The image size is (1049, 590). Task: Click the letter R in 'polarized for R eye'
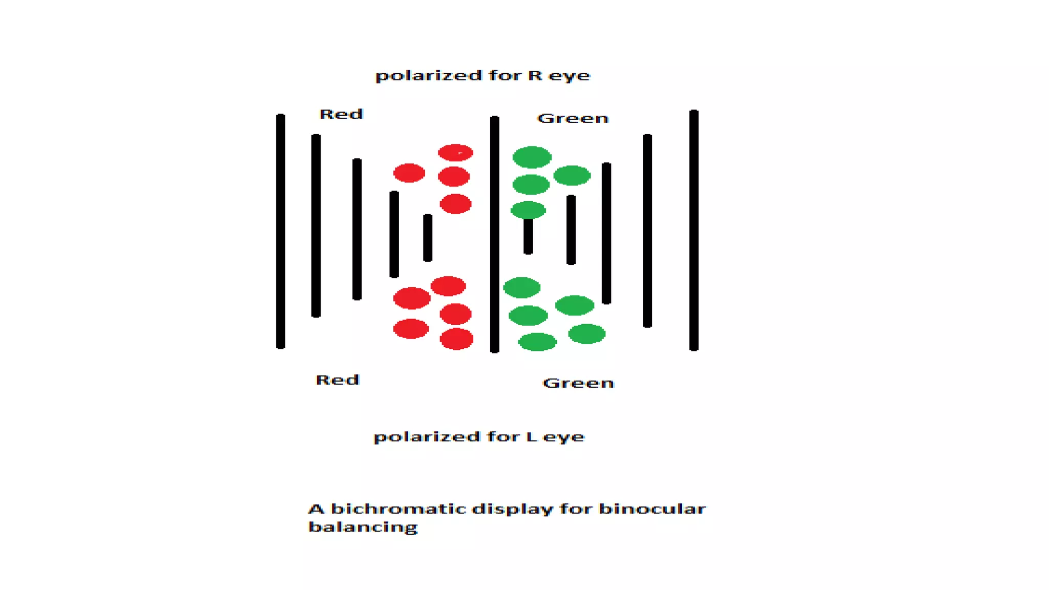point(535,76)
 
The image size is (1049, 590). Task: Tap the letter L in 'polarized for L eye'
point(532,437)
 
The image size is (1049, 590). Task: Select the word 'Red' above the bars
point(341,114)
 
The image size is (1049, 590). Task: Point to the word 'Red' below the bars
point(338,380)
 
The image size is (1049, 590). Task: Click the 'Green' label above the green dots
point(573,118)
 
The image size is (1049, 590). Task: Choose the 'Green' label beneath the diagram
point(578,383)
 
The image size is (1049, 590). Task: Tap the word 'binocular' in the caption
point(652,509)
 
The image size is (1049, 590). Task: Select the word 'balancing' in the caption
point(363,527)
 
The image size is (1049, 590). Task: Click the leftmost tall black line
point(281,231)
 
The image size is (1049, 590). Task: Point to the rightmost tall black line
point(694,230)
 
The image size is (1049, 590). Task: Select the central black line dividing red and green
point(494,235)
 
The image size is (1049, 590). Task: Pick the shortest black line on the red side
point(428,238)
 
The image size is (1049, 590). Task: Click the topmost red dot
point(455,153)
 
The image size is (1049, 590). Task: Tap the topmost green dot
point(532,157)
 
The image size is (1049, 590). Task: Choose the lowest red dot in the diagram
point(456,339)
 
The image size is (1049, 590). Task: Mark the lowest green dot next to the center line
point(537,342)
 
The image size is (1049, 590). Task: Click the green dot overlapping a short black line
point(528,210)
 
